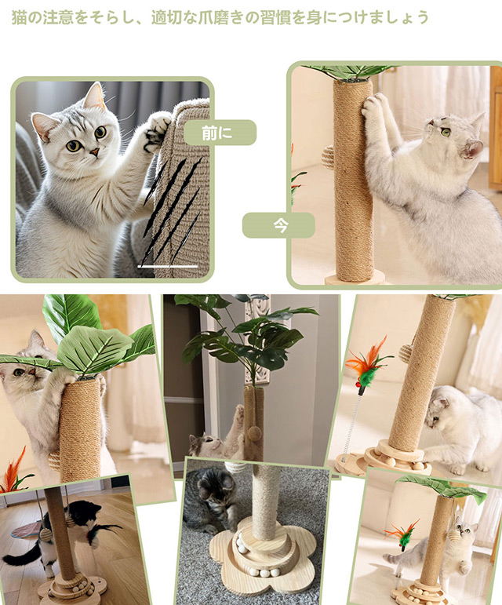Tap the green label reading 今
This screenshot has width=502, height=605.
click(278, 225)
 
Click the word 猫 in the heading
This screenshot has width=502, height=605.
click(19, 18)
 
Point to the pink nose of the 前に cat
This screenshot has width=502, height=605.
click(94, 151)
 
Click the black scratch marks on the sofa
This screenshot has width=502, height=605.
click(172, 209)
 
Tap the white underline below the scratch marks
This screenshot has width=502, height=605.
click(168, 266)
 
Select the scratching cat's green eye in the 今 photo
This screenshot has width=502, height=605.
click(446, 132)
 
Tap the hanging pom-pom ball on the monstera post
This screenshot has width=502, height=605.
click(253, 433)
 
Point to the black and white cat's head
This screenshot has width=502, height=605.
click(83, 512)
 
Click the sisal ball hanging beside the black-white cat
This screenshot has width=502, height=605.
click(45, 535)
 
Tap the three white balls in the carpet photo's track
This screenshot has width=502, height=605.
click(264, 572)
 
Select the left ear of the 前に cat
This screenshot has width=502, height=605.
click(42, 124)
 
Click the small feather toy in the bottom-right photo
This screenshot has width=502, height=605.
click(403, 535)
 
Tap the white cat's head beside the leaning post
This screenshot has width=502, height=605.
click(443, 408)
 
